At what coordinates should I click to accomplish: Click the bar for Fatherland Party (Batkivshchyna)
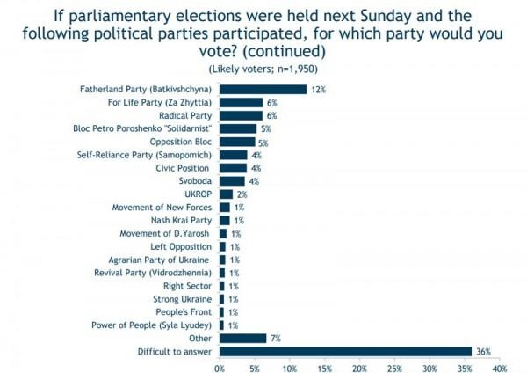(x=263, y=89)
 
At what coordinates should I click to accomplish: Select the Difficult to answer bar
(x=345, y=351)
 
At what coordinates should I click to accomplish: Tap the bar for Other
(x=242, y=338)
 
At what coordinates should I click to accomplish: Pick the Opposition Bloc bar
(x=237, y=142)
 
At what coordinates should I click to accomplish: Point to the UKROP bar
(x=226, y=194)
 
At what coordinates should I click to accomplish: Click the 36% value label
(x=483, y=351)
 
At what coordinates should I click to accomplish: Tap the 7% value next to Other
(x=276, y=338)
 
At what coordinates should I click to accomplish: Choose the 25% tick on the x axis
(x=394, y=367)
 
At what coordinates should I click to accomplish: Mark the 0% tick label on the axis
(x=220, y=367)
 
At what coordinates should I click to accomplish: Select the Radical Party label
(x=184, y=115)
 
